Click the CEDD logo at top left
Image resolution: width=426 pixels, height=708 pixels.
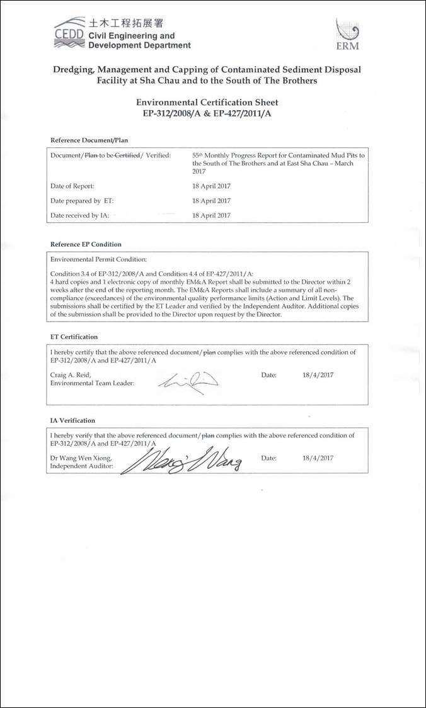pos(68,37)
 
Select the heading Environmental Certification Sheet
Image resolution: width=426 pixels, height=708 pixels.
pos(207,102)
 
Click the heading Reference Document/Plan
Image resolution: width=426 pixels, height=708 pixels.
pos(89,140)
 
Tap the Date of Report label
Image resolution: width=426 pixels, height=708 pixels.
pos(72,186)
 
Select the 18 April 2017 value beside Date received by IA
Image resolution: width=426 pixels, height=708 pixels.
pos(211,215)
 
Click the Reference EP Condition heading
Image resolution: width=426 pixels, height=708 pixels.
pos(86,244)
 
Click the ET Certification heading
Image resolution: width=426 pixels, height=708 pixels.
pos(74,337)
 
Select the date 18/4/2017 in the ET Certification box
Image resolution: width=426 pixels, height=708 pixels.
pos(318,375)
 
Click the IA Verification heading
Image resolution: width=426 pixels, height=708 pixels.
pos(72,420)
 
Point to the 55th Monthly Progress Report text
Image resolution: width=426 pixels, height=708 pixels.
pos(278,159)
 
